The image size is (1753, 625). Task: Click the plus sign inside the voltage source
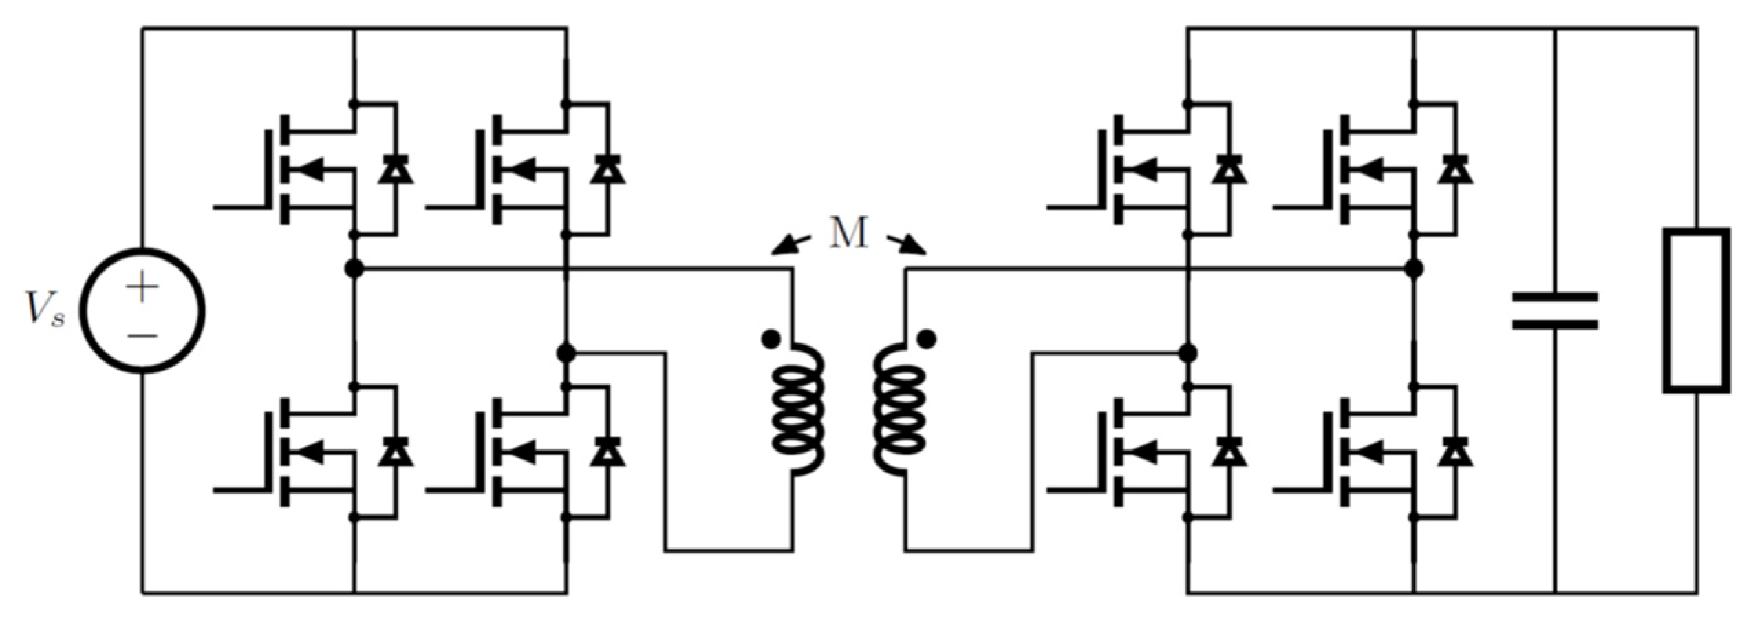(x=142, y=287)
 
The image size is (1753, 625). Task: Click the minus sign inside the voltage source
(x=142, y=336)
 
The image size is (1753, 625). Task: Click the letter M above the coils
(x=848, y=233)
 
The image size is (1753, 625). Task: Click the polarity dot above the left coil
(x=771, y=338)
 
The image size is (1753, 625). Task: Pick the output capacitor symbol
(x=1554, y=310)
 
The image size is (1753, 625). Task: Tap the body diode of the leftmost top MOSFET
(x=396, y=169)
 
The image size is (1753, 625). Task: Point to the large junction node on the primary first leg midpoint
(x=354, y=268)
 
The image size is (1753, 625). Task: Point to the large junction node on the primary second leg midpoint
(x=566, y=353)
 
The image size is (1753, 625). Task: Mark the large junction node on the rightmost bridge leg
(x=1415, y=268)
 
